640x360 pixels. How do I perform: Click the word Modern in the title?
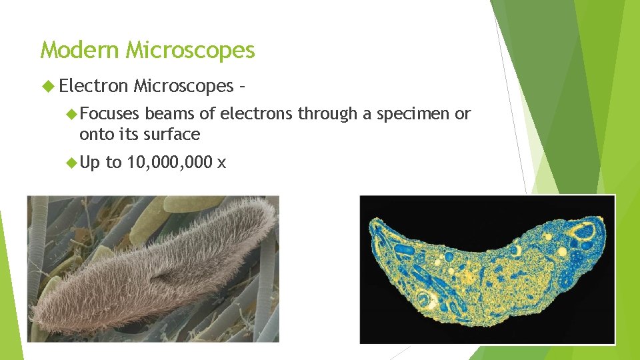pos(81,50)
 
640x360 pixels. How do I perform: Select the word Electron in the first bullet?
pos(93,85)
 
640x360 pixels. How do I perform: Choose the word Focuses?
pos(109,114)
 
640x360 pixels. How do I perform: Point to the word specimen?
pos(413,114)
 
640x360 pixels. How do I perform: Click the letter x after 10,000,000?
pos(222,163)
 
